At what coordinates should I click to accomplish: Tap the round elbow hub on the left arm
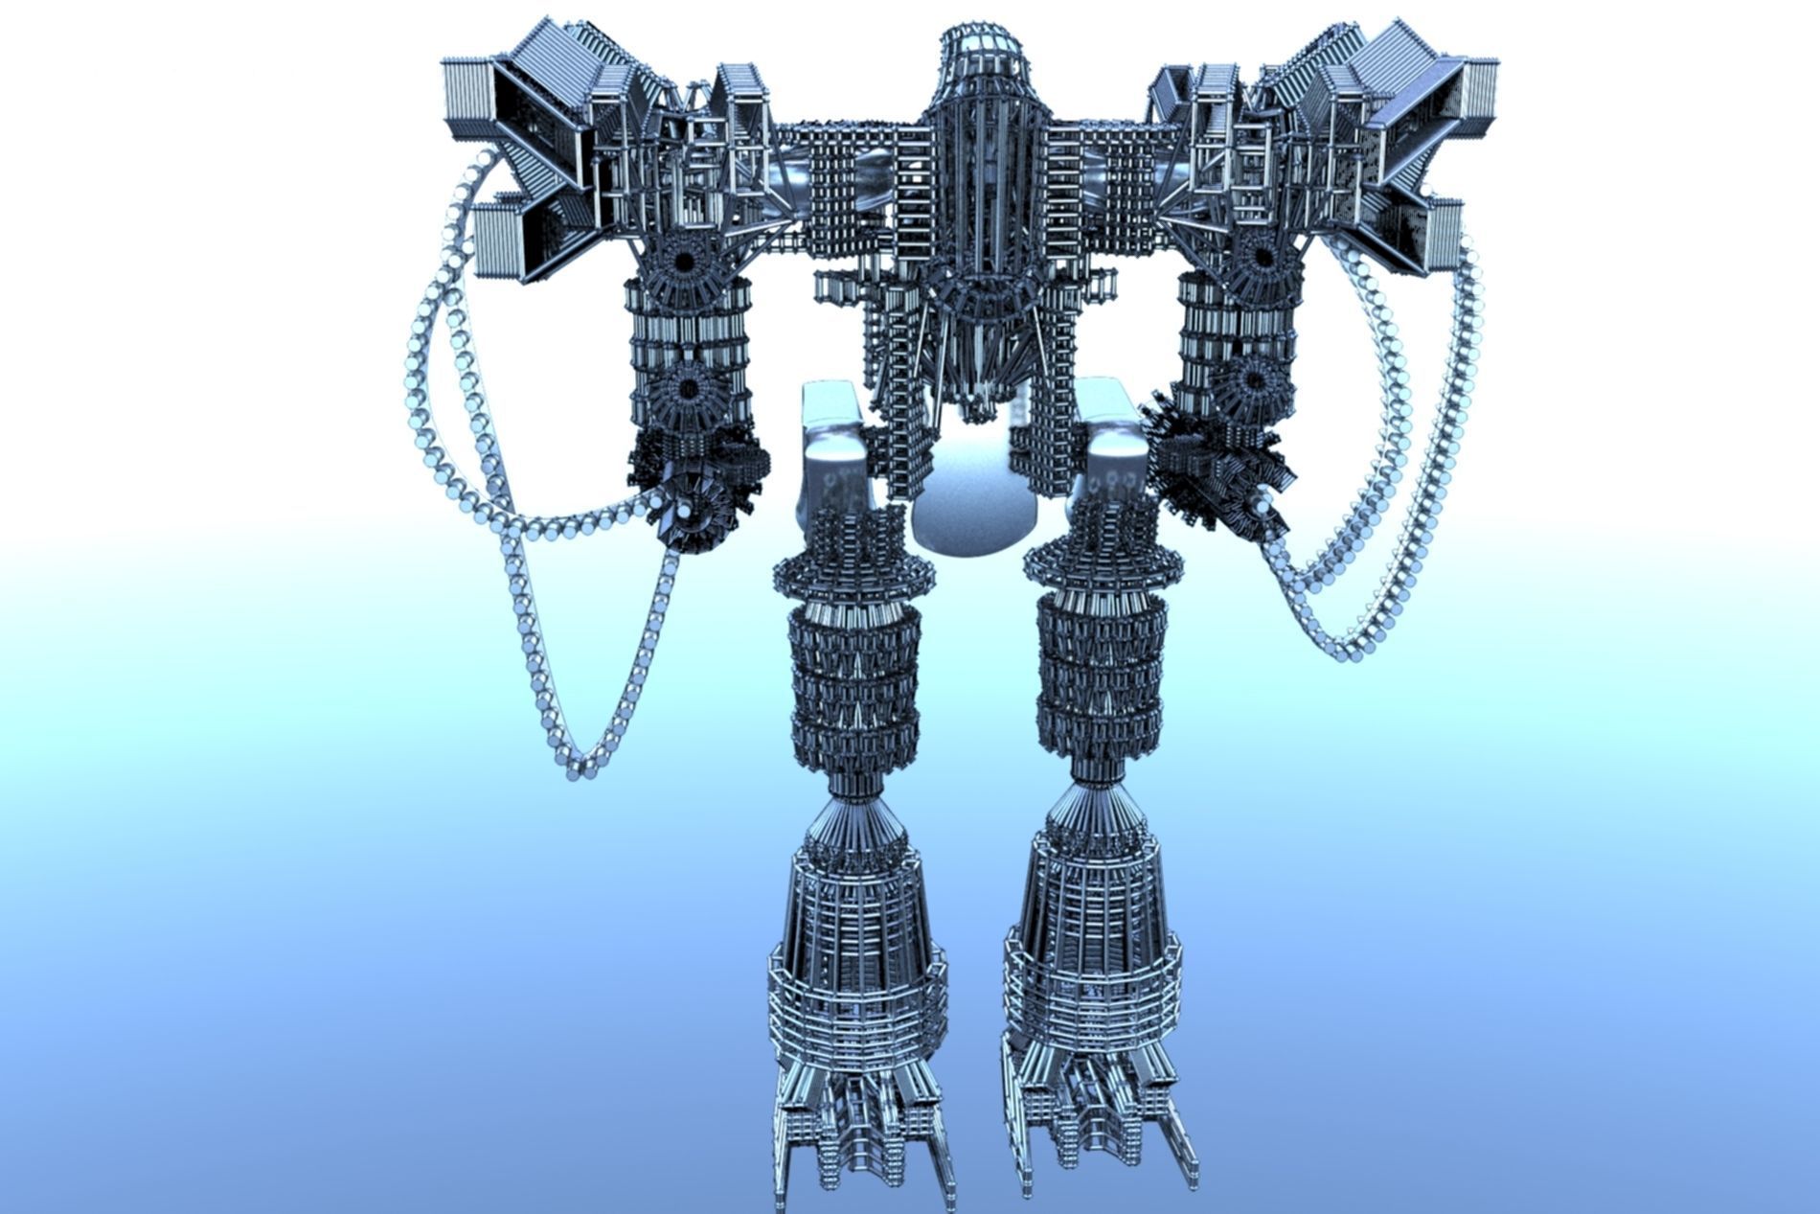click(x=688, y=387)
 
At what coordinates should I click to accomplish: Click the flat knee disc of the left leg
click(x=853, y=575)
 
